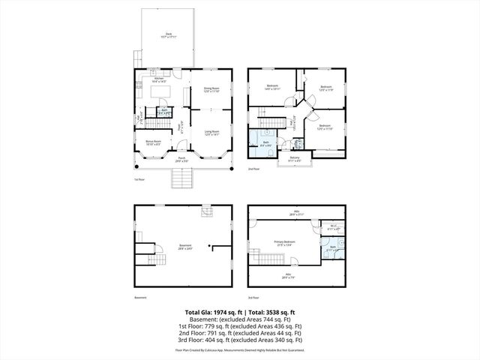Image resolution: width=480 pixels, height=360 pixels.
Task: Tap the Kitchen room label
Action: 159,79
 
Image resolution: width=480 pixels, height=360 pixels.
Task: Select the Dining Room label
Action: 211,89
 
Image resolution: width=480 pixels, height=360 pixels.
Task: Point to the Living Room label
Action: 211,133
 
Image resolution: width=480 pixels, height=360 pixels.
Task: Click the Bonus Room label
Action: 153,142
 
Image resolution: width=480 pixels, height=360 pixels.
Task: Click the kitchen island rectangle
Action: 161,92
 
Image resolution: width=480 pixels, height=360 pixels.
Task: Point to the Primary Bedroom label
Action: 285,242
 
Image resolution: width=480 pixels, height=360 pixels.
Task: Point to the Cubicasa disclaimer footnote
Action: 240,350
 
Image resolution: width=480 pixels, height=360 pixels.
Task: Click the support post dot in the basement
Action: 211,244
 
